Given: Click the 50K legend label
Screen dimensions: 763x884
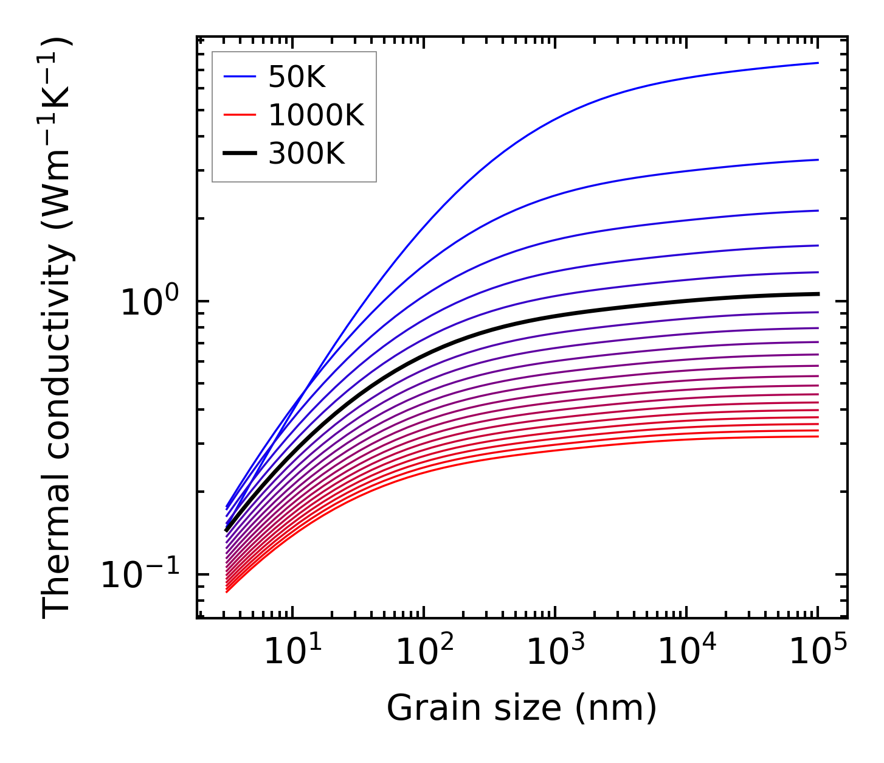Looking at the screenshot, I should tap(297, 77).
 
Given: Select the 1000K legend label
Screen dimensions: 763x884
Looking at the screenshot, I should tap(316, 116).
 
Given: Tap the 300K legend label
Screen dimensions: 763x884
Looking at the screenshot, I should tap(306, 154).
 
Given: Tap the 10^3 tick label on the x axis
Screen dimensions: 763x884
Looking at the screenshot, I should tap(555, 652).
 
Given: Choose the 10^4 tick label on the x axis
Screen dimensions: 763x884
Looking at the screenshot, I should tap(687, 652).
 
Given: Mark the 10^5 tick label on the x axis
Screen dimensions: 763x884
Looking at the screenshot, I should tap(818, 652).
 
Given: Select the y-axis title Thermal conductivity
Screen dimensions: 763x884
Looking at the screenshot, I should tap(58, 329).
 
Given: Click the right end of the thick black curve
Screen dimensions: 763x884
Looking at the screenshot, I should tap(818, 294).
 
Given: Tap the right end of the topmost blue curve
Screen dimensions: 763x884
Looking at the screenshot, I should tap(818, 63).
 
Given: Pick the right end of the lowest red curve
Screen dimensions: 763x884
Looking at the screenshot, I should tap(818, 436).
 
